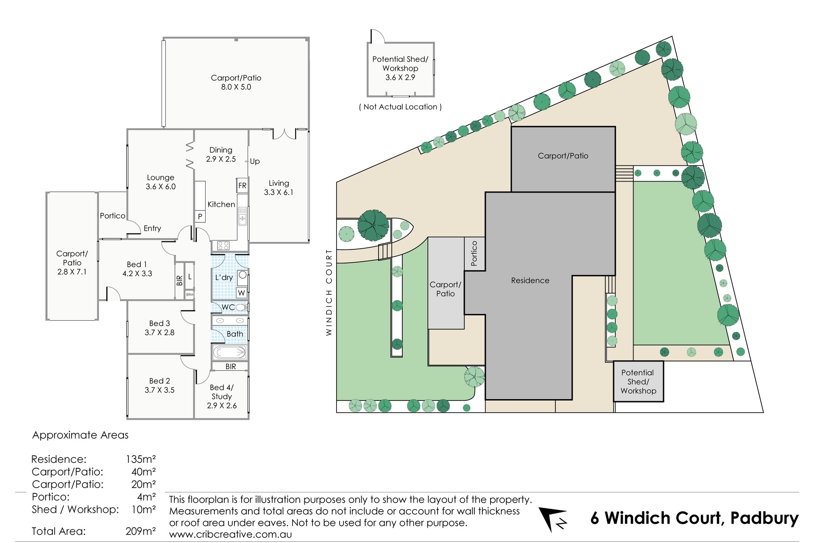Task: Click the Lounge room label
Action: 160,178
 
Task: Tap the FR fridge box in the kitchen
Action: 242,185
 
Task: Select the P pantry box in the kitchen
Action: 200,216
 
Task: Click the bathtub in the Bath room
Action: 229,352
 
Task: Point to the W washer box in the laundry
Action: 241,293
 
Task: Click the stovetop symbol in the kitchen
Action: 223,245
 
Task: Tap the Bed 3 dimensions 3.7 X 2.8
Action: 159,333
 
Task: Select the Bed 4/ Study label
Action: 221,392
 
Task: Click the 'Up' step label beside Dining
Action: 255,161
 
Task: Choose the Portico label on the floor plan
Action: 112,216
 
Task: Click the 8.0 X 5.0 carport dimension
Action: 236,87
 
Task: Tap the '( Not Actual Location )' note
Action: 400,107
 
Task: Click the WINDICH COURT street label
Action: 329,292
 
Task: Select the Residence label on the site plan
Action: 530,280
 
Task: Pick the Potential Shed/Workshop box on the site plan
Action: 638,382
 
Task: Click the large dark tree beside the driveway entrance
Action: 373,225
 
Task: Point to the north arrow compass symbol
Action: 553,518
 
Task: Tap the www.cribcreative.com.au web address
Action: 230,534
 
